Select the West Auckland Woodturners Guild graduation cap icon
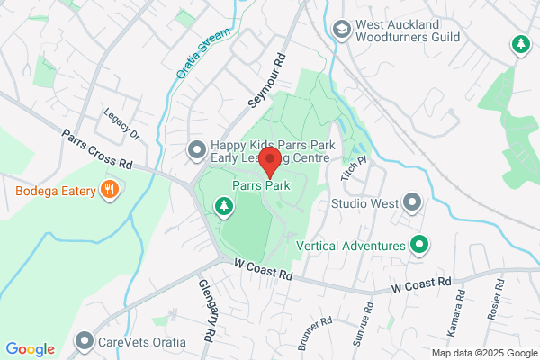click(x=341, y=30)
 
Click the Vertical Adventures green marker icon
click(x=418, y=244)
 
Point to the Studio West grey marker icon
click(x=412, y=202)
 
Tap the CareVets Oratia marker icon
click(x=85, y=341)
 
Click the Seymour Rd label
click(x=266, y=78)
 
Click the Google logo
click(x=30, y=349)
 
